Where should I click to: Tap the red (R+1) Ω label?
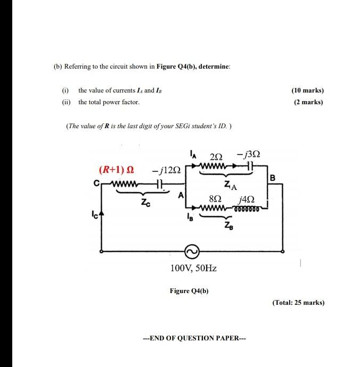[117, 170]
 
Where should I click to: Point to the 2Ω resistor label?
[216, 156]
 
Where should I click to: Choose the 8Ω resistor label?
[216, 198]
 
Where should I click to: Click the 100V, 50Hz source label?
[193, 268]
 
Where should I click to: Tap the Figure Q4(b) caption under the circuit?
[189, 291]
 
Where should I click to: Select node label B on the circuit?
[273, 178]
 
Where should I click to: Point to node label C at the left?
[96, 184]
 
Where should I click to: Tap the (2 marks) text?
[308, 102]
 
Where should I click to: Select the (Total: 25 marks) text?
[298, 303]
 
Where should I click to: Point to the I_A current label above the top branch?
[193, 155]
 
